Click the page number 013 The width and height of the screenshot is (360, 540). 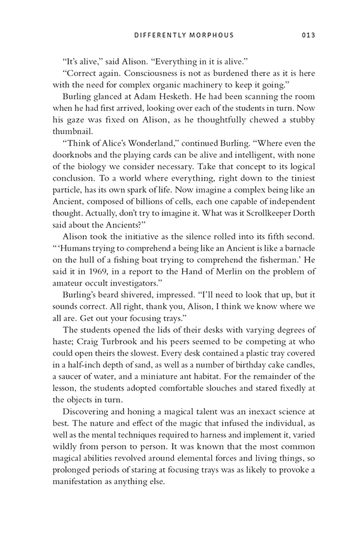tap(306, 35)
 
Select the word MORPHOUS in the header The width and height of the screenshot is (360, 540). tap(210, 35)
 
